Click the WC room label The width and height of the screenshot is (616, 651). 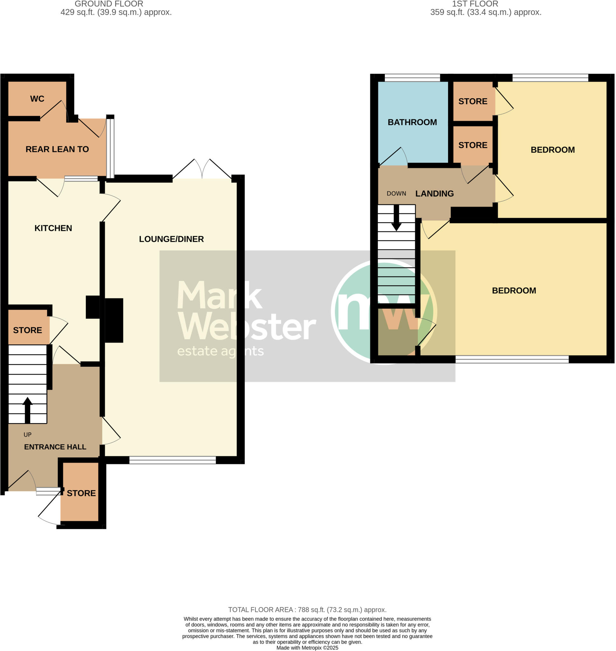pos(37,99)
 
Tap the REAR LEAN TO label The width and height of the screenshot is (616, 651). pos(57,149)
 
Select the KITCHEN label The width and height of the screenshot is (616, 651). pos(53,228)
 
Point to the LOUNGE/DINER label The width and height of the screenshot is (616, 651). pos(171,239)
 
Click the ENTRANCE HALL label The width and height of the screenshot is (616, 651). pos(55,447)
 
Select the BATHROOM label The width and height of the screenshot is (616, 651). pos(412,122)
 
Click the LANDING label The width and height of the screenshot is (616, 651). pos(434,194)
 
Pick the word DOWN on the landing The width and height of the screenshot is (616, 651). pos(396,194)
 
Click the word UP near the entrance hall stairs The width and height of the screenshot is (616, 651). pos(28,435)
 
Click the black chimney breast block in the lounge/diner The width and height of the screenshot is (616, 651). pos(114,320)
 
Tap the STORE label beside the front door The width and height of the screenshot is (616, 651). pos(81,493)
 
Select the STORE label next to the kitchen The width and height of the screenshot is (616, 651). pos(28,330)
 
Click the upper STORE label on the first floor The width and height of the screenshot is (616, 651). pos(473,101)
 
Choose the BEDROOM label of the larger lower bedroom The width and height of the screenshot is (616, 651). pos(514,291)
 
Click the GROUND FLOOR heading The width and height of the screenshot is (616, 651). pos(109,4)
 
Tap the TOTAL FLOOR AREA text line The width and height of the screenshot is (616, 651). pos(307,610)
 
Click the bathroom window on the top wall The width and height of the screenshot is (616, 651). pos(412,78)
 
